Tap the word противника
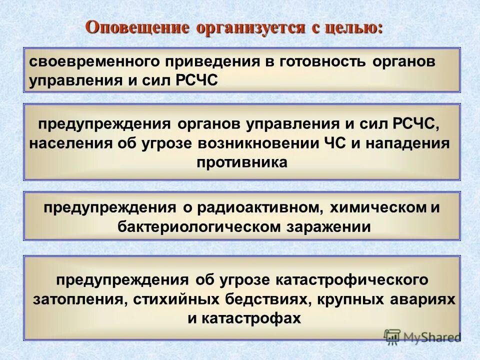coord(242,162)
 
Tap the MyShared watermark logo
coord(422,336)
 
